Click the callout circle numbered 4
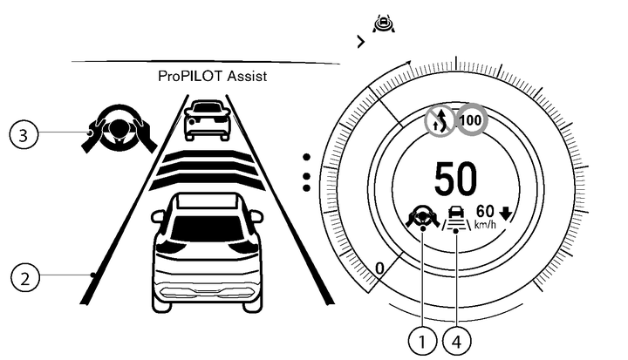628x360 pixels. click(x=455, y=341)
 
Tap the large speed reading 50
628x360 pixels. click(x=457, y=179)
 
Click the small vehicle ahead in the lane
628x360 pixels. click(x=208, y=119)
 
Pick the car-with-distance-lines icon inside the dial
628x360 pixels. click(x=455, y=218)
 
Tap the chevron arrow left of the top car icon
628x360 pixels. click(x=359, y=41)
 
